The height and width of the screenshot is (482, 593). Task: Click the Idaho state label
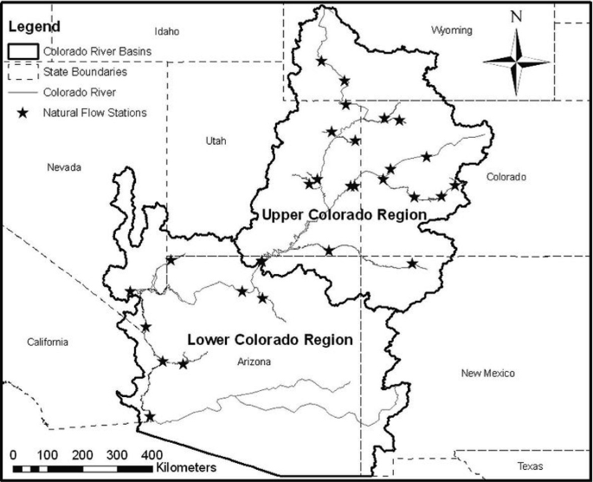click(x=166, y=31)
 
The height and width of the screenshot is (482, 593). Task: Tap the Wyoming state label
click(x=452, y=30)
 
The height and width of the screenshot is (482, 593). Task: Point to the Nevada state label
click(x=64, y=166)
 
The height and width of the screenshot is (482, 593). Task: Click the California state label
click(x=47, y=342)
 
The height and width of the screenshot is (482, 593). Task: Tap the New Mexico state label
click(x=488, y=374)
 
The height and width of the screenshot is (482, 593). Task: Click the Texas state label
click(x=530, y=466)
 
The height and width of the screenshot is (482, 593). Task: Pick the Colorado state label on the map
click(x=506, y=177)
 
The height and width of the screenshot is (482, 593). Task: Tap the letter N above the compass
click(x=516, y=16)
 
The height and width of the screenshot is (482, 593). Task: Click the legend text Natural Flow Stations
click(x=95, y=111)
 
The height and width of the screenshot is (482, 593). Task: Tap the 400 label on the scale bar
click(x=151, y=454)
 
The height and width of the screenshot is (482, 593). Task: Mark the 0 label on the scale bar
click(x=13, y=454)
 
